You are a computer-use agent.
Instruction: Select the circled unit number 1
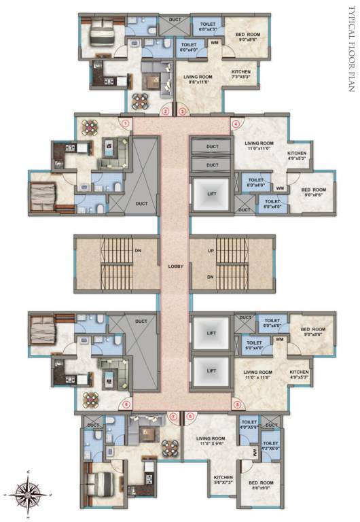tap(126, 124)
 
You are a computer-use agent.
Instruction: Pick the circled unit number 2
tap(165, 111)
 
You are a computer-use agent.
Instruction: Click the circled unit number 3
tap(182, 111)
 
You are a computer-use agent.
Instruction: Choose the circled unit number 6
tap(191, 416)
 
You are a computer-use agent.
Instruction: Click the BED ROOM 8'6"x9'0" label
tap(263, 485)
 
